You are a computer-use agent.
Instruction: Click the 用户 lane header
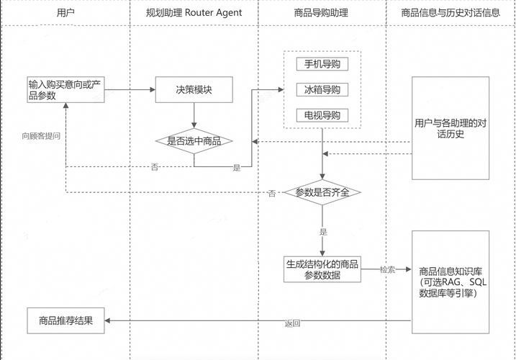pos(65,12)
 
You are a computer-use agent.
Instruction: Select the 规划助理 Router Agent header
pos(194,12)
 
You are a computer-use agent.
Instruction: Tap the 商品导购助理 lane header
pos(322,12)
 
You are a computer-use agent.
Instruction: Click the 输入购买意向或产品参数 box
pos(65,90)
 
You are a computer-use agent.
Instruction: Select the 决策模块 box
pos(194,90)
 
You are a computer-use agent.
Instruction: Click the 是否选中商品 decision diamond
pos(194,141)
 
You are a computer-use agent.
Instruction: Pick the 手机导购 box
pos(322,64)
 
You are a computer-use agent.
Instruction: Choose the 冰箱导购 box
pos(322,90)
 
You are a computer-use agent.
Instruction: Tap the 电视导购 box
pos(322,115)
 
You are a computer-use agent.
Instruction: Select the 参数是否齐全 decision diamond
pos(322,193)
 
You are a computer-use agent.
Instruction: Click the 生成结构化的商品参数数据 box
pos(322,269)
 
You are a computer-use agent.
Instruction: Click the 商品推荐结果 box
pos(65,320)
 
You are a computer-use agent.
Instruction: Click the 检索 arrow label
pos(387,269)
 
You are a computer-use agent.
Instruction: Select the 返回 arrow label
pos(292,324)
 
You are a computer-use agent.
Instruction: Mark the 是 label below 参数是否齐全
pos(322,232)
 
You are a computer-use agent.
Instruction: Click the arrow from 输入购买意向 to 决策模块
pos(130,90)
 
